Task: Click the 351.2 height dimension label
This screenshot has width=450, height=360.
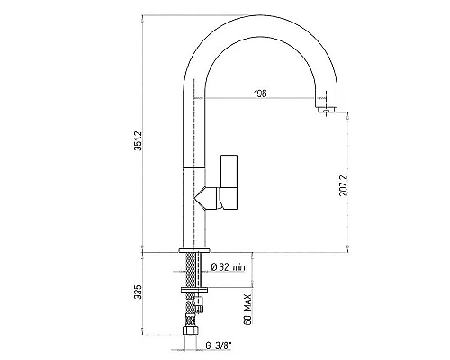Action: point(138,140)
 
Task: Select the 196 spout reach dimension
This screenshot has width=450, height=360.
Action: point(260,94)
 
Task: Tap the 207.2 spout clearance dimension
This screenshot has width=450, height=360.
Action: point(344,185)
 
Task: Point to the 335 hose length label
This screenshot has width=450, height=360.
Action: point(138,292)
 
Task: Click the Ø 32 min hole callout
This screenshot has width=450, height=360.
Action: point(228,267)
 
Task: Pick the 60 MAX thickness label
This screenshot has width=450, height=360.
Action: point(247,310)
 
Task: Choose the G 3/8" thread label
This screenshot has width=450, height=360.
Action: point(219,346)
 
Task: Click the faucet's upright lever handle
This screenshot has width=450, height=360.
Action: point(229,171)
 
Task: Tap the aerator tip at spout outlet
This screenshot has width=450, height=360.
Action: point(326,111)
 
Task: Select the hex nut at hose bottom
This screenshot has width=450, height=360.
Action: point(191,330)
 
